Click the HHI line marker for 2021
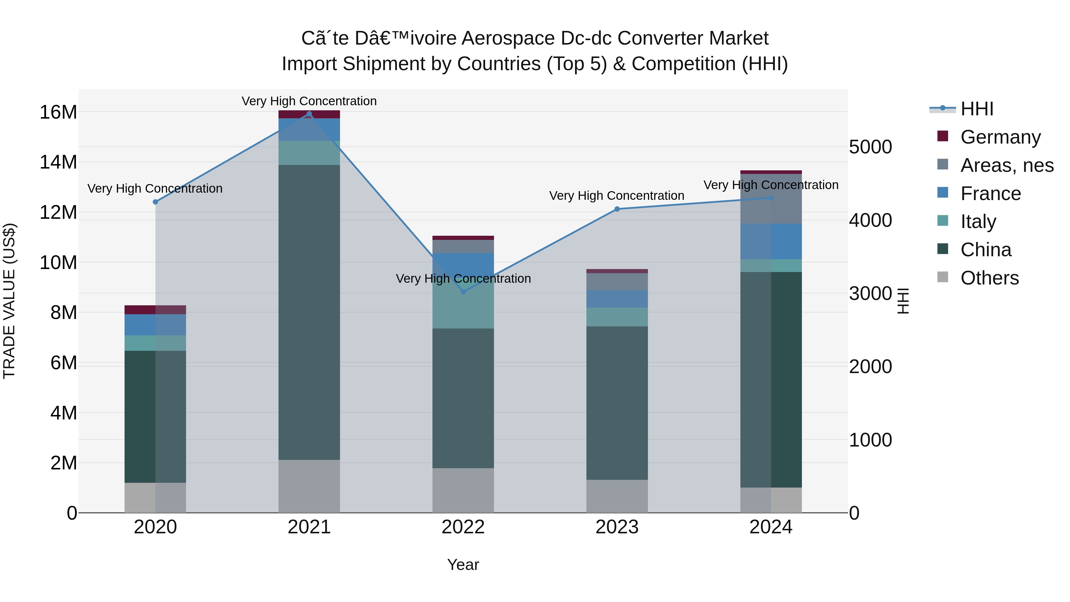tap(309, 114)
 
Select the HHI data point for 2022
tap(463, 292)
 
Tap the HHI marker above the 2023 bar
tap(617, 209)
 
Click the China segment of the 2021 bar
tap(309, 312)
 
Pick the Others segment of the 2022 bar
tap(463, 490)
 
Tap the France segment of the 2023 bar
tap(617, 299)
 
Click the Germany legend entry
tap(1000, 137)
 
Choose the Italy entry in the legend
tap(978, 221)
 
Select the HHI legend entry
tap(976, 109)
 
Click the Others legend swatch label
tap(989, 278)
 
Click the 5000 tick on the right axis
tap(870, 147)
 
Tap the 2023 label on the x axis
tap(617, 527)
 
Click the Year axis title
tap(463, 565)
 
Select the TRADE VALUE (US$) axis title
tap(9, 301)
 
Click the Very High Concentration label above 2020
tap(155, 188)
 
